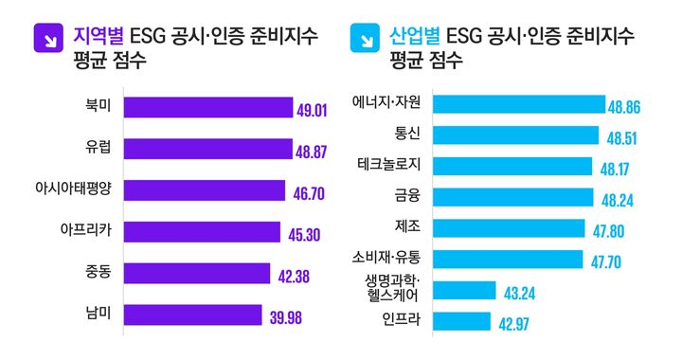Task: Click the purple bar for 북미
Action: (207, 108)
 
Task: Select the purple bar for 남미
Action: (192, 315)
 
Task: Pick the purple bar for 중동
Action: (196, 274)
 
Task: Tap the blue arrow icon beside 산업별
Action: (364, 39)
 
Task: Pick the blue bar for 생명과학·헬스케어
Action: (465, 291)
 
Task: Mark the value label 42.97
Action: (517, 324)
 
